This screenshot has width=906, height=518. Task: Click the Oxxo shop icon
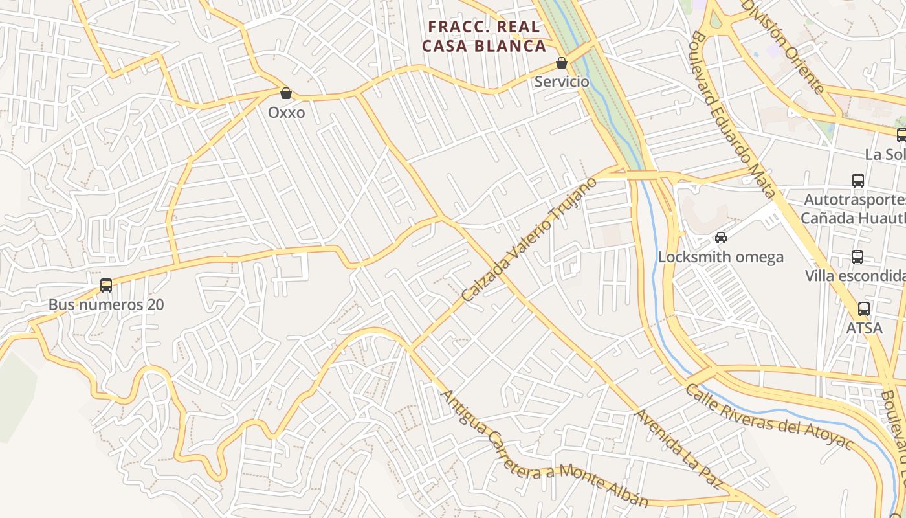click(x=286, y=93)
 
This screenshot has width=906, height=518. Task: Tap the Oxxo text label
click(x=286, y=113)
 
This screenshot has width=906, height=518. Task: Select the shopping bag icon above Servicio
click(x=562, y=63)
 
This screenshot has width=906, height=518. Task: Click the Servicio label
click(x=562, y=82)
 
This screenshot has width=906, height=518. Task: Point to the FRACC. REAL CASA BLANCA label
click(x=484, y=36)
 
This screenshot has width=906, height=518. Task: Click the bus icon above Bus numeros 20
click(x=106, y=285)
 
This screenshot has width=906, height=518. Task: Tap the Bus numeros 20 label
click(x=106, y=304)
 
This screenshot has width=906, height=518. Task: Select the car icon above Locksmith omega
click(x=721, y=238)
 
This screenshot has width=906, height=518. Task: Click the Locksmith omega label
click(x=721, y=257)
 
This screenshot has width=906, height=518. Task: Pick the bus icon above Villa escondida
click(x=857, y=257)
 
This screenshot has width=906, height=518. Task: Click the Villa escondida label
click(x=854, y=276)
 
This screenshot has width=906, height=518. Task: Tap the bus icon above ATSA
click(x=864, y=309)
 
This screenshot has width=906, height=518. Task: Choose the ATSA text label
click(x=864, y=328)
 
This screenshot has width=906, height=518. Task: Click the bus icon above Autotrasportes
click(x=858, y=181)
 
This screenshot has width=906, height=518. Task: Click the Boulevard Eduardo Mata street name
click(x=733, y=114)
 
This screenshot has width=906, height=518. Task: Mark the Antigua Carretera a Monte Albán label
click(x=544, y=449)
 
